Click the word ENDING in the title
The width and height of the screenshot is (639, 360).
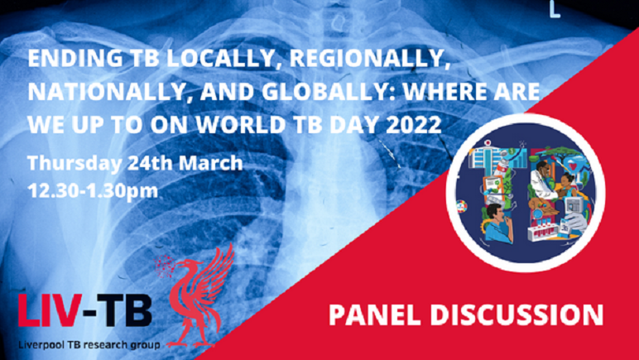pyautogui.click(x=75, y=60)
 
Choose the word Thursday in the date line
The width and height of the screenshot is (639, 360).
pyautogui.click(x=74, y=164)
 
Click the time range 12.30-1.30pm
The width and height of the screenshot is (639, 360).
pyautogui.click(x=93, y=190)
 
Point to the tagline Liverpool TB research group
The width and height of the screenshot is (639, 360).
pyautogui.click(x=89, y=344)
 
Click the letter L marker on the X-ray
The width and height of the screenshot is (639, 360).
pyautogui.click(x=555, y=9)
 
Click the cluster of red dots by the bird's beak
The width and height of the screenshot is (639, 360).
pyautogui.click(x=164, y=266)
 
